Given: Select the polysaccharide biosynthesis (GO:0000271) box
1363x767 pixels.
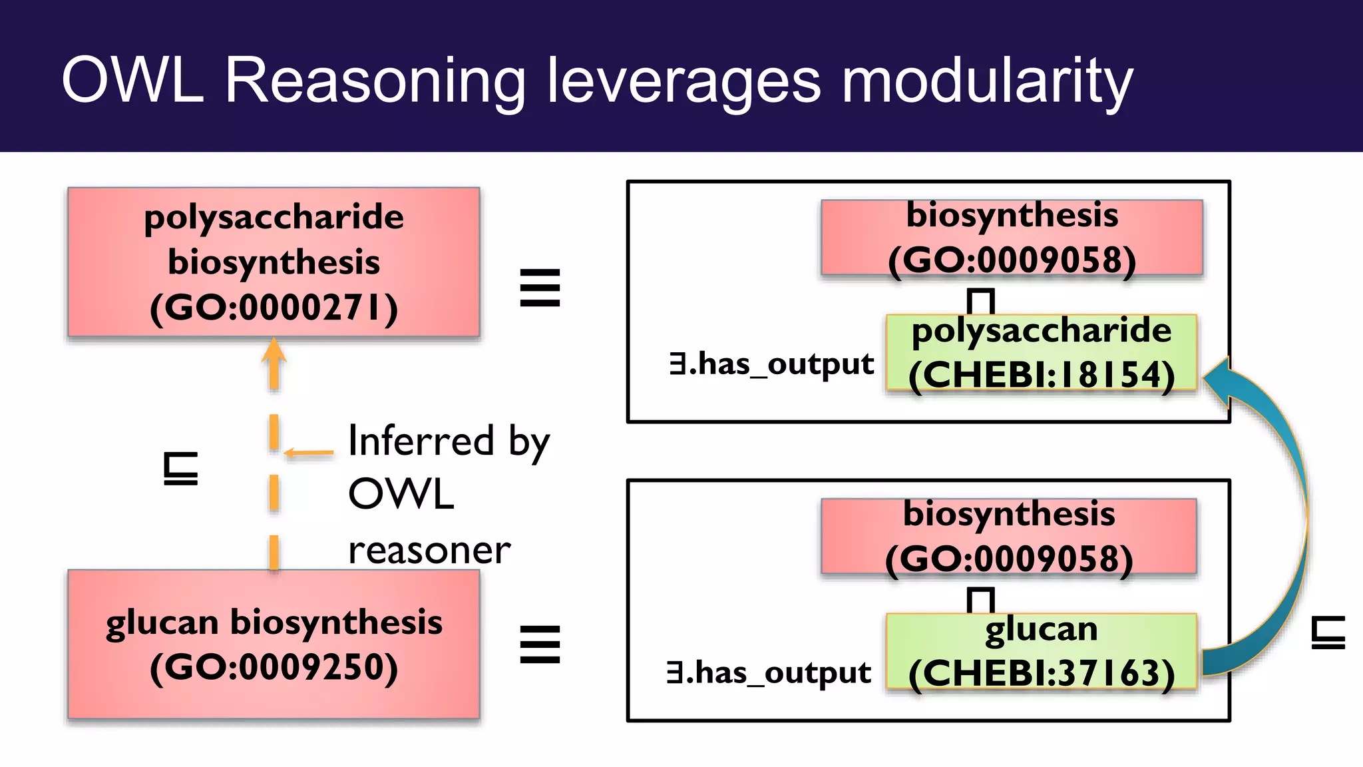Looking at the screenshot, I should (x=274, y=262).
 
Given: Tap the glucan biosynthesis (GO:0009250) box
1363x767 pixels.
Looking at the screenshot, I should (x=274, y=644).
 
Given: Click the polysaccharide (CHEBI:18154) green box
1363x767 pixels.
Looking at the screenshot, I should (x=1041, y=353).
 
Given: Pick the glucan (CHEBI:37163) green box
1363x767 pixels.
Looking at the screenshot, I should (x=1041, y=652).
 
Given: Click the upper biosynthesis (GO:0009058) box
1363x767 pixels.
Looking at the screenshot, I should (x=1012, y=237).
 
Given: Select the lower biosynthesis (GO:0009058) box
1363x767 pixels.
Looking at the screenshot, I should (x=1008, y=536).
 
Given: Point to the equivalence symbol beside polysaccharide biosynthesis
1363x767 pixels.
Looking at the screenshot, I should (x=540, y=288).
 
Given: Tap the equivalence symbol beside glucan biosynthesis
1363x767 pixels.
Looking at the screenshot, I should (x=540, y=644).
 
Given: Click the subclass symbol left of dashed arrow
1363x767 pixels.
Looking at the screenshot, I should (x=180, y=468).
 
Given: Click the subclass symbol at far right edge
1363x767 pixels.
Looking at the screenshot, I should (x=1328, y=633).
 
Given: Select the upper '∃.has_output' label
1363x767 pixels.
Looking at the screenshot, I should (x=771, y=364).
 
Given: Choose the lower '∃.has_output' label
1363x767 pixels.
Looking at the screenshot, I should (x=769, y=673).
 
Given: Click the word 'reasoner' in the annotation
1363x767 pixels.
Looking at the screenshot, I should (x=429, y=551).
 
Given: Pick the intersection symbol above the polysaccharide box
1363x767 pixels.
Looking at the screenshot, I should (x=980, y=301).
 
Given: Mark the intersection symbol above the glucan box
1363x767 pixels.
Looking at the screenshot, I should (x=980, y=600).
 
